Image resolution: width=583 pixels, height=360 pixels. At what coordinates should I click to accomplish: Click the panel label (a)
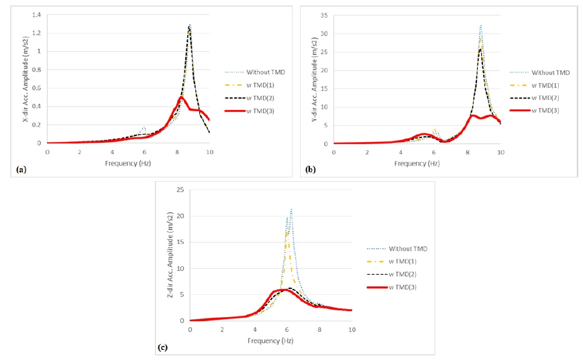(x=21, y=170)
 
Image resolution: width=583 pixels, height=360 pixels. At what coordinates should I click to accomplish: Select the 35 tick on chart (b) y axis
(x=324, y=15)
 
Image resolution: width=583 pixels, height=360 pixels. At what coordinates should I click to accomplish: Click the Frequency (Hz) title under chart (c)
(x=270, y=340)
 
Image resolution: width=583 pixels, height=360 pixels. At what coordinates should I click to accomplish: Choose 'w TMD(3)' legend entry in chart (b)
(x=544, y=111)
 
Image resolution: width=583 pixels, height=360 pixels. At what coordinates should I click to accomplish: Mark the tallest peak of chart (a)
(x=190, y=25)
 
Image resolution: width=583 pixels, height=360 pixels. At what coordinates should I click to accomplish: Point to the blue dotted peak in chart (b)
(x=481, y=25)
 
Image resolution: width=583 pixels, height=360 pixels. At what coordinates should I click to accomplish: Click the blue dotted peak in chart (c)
(x=291, y=209)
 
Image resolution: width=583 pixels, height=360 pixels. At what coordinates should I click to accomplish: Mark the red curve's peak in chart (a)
(x=181, y=97)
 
